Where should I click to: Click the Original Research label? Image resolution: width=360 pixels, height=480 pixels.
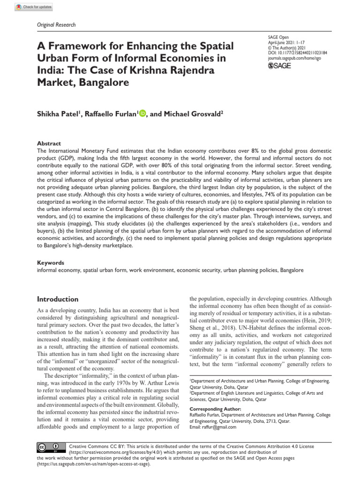coord(56,25)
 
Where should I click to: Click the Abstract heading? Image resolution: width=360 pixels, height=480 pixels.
coord(49,143)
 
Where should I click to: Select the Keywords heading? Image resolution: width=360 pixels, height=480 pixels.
coord(51,263)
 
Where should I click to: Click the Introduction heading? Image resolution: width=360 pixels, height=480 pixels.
coord(58,299)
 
